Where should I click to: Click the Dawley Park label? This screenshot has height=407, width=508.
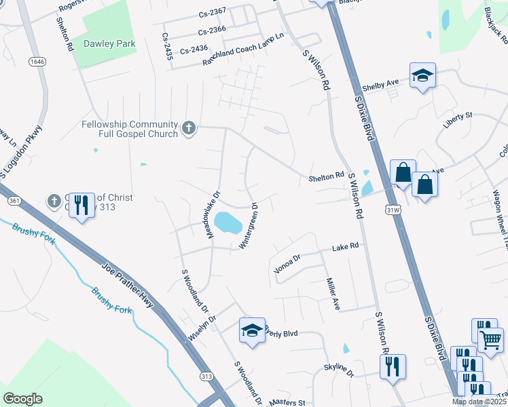[x=109, y=44]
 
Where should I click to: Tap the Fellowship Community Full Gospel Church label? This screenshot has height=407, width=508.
[x=130, y=129]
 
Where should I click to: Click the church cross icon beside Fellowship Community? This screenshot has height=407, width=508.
[x=188, y=127]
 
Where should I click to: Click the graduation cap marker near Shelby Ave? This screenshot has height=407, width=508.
[x=422, y=76]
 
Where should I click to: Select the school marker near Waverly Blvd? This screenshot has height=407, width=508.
[x=252, y=331]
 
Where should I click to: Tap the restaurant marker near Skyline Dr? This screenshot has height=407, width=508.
[x=393, y=368]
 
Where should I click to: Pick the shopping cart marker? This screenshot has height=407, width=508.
[x=490, y=340]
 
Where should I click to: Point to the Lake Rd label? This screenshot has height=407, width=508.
[x=345, y=248]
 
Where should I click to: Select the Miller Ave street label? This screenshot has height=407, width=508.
[x=332, y=293]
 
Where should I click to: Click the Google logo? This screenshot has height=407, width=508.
[x=23, y=399]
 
